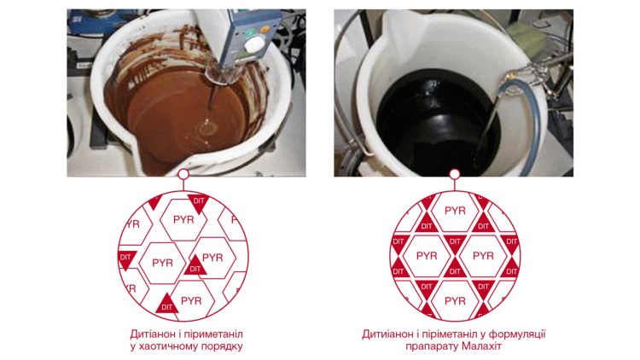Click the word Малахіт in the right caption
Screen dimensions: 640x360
tap(481, 346)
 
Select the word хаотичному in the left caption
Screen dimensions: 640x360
tap(170, 346)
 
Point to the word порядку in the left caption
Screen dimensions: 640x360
tap(224, 347)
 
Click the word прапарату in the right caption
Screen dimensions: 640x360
tap(433, 347)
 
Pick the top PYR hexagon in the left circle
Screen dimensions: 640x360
tap(183, 220)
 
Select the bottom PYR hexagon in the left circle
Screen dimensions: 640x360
tap(191, 301)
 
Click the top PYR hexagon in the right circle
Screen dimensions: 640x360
tap(455, 211)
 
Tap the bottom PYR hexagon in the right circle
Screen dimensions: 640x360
tap(455, 301)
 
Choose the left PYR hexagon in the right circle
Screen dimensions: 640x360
tap(427, 256)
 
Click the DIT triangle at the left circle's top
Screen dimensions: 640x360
tap(198, 203)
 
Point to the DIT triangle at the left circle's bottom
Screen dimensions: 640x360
tap(167, 304)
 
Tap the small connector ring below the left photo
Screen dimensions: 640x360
tap(183, 174)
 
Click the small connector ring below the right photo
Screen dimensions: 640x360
tap(455, 174)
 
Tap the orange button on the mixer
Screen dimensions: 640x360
tap(265, 29)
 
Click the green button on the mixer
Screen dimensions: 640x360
tap(249, 32)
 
